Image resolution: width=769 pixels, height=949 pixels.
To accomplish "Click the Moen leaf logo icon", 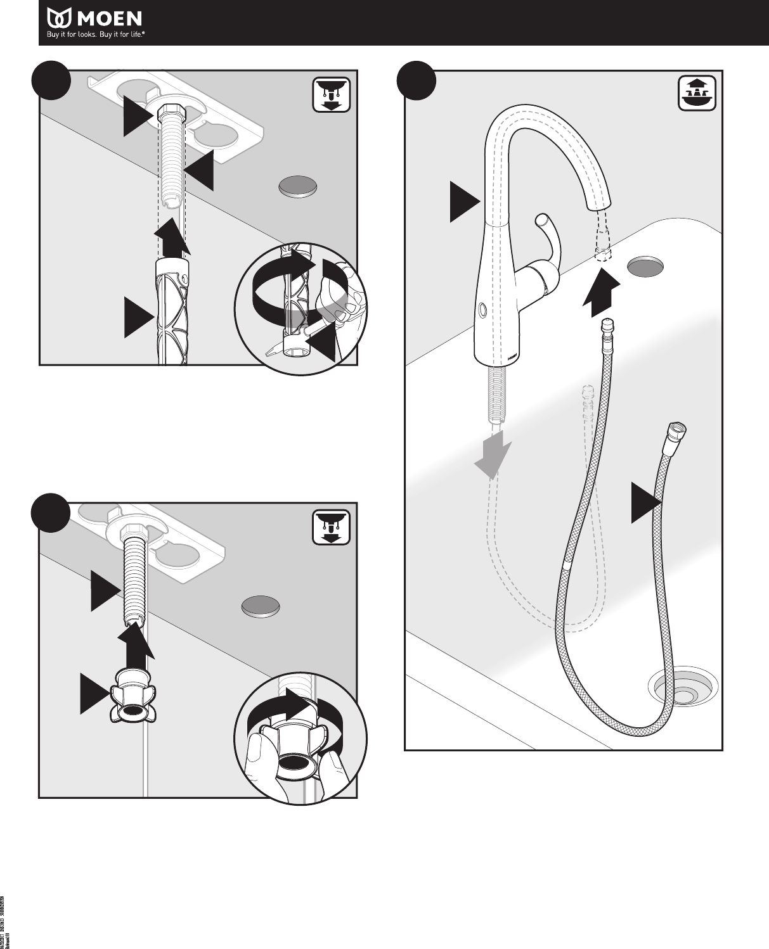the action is (58, 18).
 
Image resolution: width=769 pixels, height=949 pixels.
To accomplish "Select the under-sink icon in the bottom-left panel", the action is (331, 528).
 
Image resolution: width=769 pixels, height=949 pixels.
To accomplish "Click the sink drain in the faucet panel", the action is (683, 691).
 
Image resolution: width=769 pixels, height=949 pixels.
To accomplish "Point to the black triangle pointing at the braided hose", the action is (645, 502).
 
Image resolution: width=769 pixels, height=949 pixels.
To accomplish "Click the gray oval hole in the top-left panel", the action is (297, 187).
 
